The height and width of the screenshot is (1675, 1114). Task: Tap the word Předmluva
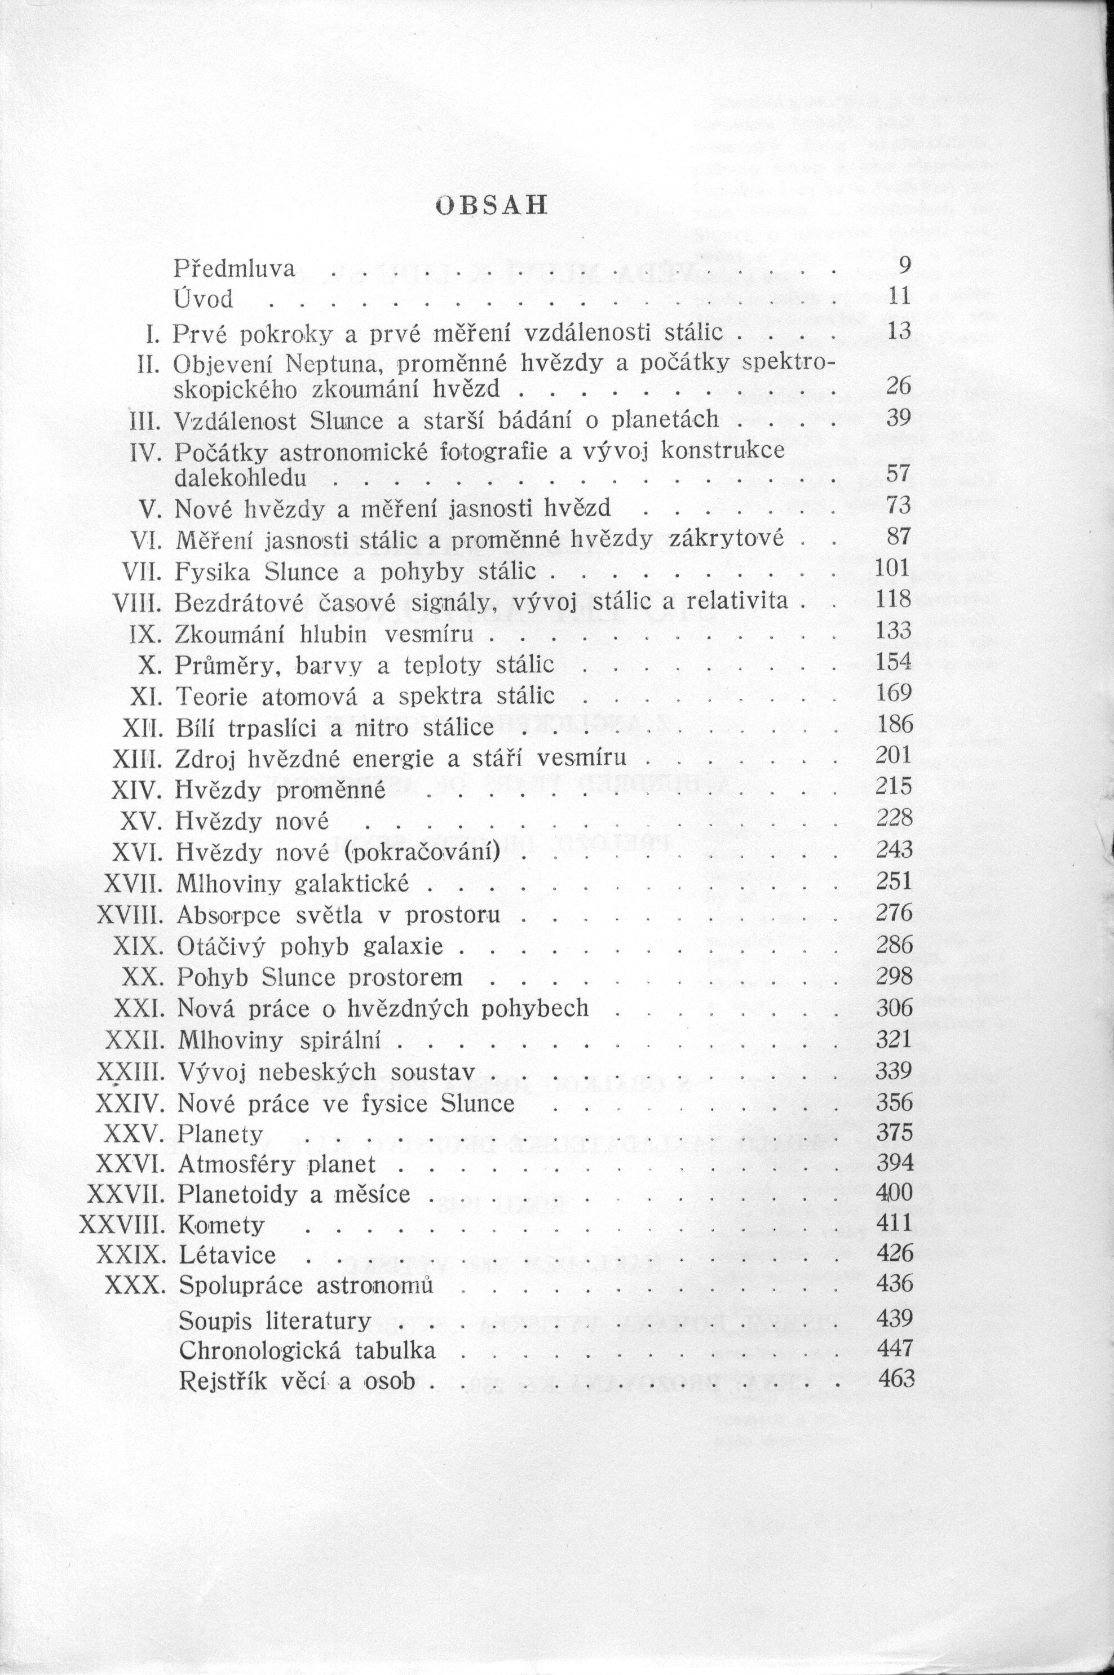tap(235, 268)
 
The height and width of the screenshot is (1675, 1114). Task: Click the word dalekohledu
tap(240, 477)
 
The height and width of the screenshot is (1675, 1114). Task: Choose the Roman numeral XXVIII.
tap(121, 1225)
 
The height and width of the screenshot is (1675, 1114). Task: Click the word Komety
tap(222, 1225)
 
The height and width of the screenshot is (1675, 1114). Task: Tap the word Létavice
tap(227, 1255)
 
